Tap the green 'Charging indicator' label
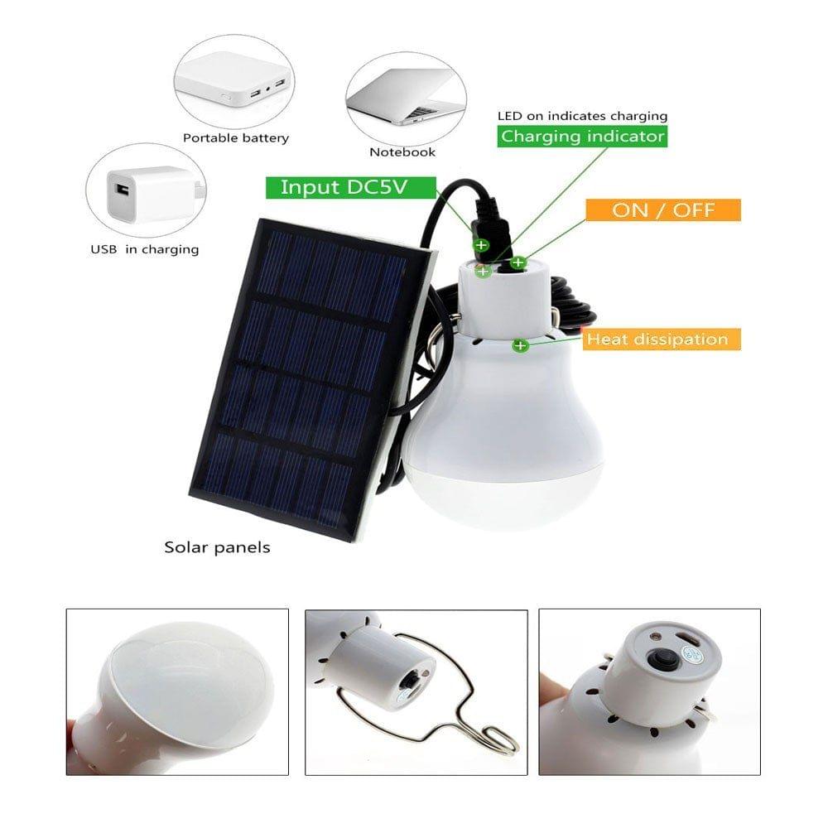(x=582, y=136)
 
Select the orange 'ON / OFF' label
(x=662, y=209)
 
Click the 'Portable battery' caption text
(x=236, y=138)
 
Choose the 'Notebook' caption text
(x=402, y=152)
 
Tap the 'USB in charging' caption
(x=145, y=249)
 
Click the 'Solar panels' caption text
(x=217, y=547)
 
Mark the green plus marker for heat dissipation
(x=520, y=345)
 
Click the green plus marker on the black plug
(x=479, y=244)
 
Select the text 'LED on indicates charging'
(x=582, y=116)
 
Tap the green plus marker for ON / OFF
(x=518, y=262)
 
